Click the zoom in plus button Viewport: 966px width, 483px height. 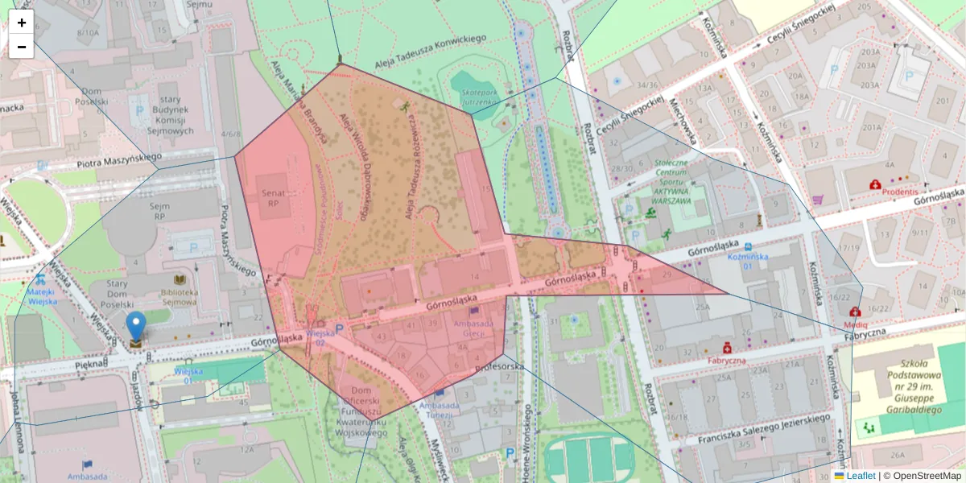point(22,23)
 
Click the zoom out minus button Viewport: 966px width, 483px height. point(22,47)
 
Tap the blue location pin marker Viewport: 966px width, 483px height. point(137,326)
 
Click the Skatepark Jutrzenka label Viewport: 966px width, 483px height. point(480,97)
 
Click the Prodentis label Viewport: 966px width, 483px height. point(899,192)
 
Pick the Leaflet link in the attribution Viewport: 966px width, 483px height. point(861,476)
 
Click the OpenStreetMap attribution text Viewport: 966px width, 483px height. point(927,476)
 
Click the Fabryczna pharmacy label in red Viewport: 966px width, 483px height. point(728,361)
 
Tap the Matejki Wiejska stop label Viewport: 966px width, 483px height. point(43,296)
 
